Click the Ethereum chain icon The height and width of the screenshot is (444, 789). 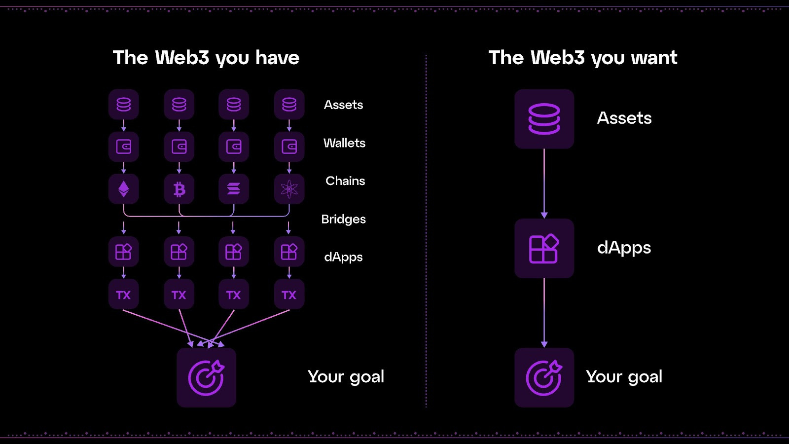[123, 189]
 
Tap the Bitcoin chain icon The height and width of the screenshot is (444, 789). [179, 189]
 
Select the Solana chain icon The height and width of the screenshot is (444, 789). [234, 189]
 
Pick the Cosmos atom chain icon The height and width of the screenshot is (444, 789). [289, 189]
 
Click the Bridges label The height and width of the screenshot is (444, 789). [343, 219]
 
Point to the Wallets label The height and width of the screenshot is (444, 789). [344, 143]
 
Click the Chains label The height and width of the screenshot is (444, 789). [345, 181]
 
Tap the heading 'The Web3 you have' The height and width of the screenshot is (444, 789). [206, 58]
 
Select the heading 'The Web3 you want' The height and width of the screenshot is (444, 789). [583, 58]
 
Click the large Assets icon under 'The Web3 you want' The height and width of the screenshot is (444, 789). [544, 119]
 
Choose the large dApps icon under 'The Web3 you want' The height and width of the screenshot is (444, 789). [544, 248]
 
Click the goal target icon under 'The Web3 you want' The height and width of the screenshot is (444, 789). [544, 377]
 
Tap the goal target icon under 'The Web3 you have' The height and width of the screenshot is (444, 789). [206, 377]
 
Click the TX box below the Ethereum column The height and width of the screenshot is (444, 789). [123, 295]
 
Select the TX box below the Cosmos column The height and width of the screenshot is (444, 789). [289, 295]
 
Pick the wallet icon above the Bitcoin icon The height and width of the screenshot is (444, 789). [179, 147]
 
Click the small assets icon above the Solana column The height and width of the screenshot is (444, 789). [234, 105]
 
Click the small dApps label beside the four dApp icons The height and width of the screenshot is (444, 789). [343, 257]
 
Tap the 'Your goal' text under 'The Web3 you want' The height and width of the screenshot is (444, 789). [624, 377]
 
